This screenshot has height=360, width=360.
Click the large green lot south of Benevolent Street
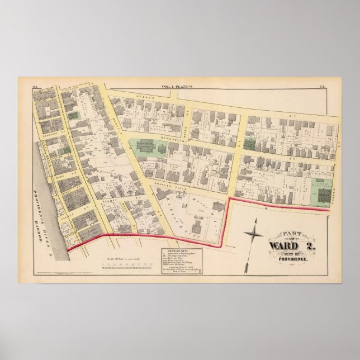coord(148,149)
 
